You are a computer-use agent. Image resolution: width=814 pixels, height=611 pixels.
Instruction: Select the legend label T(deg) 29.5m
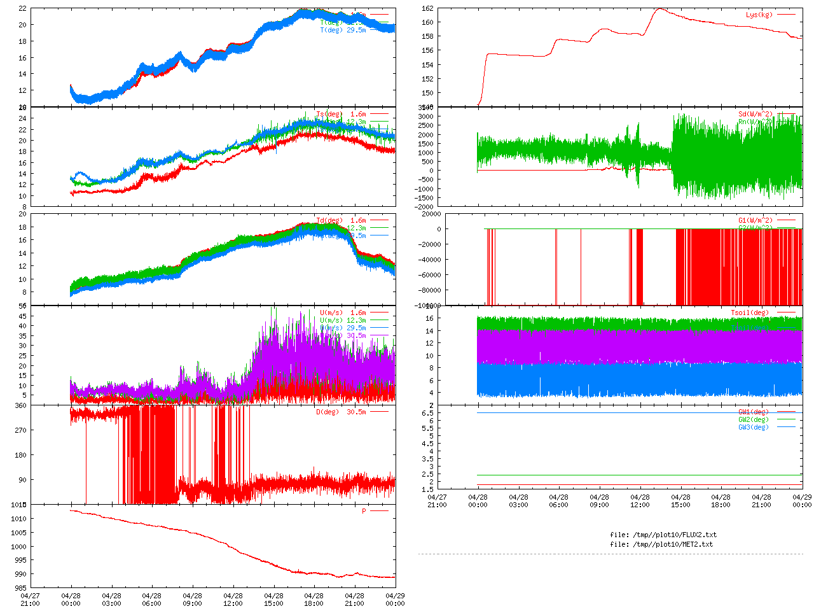pos(343,30)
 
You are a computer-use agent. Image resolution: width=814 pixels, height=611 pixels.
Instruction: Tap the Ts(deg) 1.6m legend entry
pos(341,115)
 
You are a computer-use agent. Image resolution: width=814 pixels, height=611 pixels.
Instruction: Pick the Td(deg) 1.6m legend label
pos(341,220)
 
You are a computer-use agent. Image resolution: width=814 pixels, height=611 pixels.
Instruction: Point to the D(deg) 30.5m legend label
pos(341,412)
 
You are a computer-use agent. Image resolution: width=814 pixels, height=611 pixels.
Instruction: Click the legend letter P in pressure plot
pos(364,511)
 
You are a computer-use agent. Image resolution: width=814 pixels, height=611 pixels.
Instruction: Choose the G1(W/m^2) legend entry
pos(755,220)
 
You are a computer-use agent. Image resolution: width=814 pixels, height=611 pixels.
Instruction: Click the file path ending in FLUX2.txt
pos(663,535)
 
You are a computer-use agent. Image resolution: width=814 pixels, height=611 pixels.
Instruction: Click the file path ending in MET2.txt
pos(661,544)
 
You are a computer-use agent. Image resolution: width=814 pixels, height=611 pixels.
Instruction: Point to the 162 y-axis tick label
pos(427,8)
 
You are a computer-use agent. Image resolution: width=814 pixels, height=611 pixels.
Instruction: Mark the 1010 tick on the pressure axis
pos(19,519)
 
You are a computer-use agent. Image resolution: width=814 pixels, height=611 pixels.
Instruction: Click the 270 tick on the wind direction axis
pos(22,430)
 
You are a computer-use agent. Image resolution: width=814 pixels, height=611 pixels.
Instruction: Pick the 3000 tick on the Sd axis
pos(425,116)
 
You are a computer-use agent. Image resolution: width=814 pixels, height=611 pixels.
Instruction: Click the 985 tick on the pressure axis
pos(21,588)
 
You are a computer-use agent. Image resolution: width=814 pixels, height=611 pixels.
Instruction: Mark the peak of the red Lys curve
pos(661,9)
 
